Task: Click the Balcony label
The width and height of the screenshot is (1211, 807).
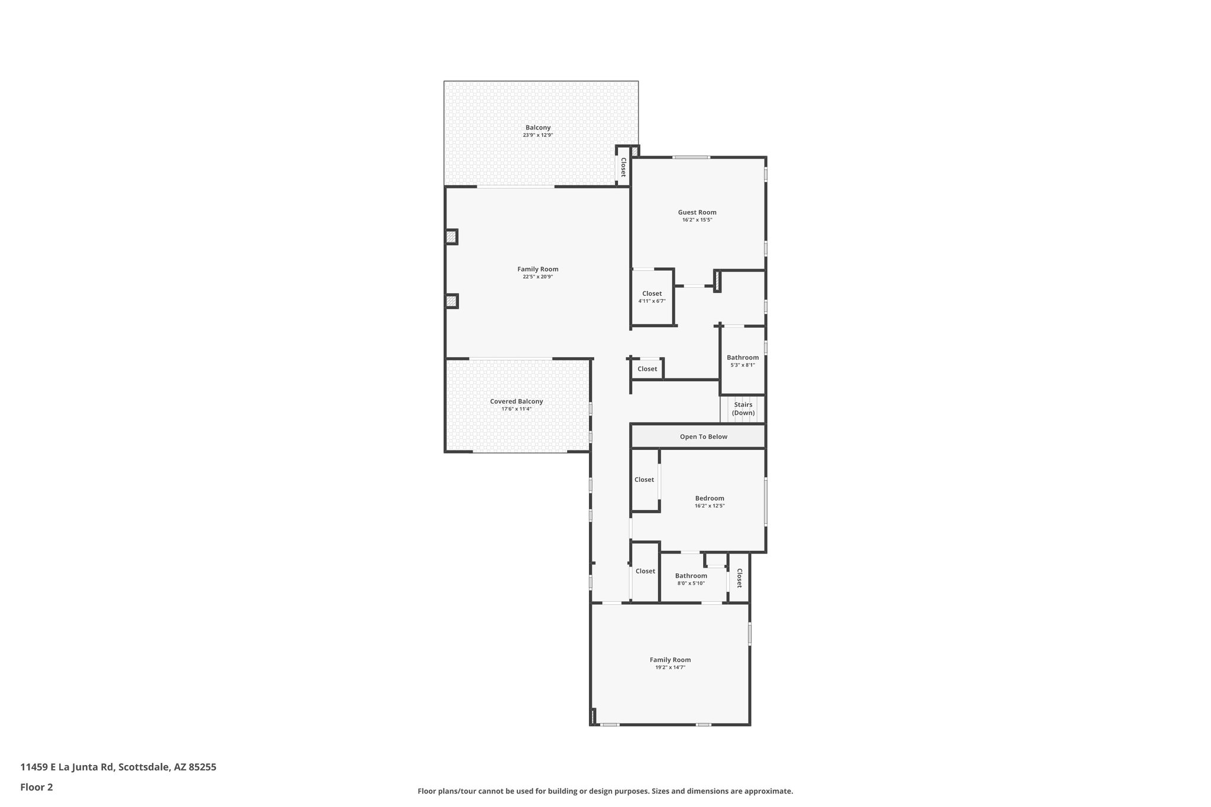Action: (x=537, y=128)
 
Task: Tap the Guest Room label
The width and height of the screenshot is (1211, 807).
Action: (x=697, y=212)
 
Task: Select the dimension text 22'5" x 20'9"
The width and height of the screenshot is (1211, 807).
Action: (x=537, y=277)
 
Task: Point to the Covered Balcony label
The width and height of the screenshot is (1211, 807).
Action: (x=516, y=401)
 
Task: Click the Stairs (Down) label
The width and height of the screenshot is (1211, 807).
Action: (x=743, y=409)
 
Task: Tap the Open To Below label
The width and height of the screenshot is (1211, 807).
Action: (x=703, y=437)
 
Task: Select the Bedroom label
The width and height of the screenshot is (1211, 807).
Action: (x=709, y=498)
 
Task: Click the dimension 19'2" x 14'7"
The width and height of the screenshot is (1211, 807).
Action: (x=670, y=667)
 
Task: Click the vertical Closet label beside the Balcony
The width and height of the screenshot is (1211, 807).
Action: (x=623, y=167)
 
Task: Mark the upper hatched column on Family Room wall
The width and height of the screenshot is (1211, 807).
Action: (x=451, y=237)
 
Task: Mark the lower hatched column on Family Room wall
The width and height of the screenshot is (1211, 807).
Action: (x=451, y=302)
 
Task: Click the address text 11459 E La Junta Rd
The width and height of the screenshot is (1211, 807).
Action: (x=67, y=767)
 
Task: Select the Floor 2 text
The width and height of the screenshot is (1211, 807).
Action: (x=37, y=787)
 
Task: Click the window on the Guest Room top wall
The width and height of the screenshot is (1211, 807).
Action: (x=691, y=157)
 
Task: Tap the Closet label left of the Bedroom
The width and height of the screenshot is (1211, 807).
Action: (x=644, y=479)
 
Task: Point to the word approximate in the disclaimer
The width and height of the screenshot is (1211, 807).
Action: (x=768, y=791)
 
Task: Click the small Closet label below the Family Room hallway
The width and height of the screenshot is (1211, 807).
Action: (x=647, y=369)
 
